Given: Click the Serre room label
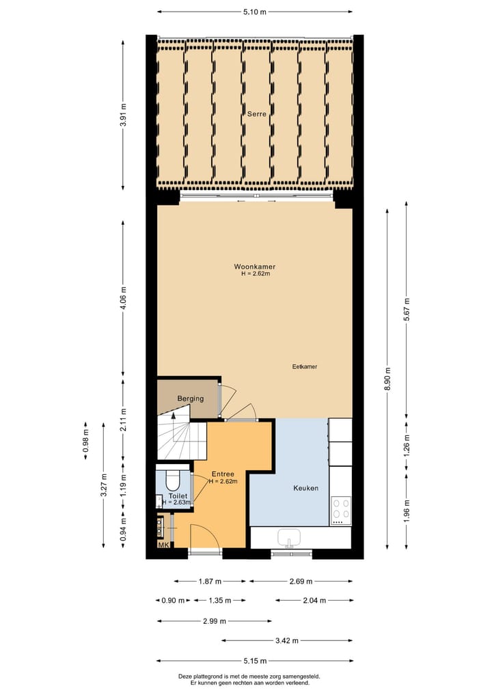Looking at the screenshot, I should [257, 115].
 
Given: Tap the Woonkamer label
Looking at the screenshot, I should [255, 267].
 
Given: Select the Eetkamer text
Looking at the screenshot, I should [304, 366].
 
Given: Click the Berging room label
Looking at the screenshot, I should [191, 398].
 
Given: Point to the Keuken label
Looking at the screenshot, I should [305, 488].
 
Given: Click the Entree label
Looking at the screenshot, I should [223, 474].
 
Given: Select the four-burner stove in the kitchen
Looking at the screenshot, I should [341, 508].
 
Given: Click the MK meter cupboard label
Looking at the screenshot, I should [163, 545].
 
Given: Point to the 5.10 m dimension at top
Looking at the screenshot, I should [255, 12].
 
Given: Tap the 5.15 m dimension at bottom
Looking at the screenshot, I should [255, 661].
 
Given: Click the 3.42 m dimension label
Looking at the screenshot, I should [287, 641].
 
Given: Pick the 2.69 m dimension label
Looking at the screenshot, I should [301, 582].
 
